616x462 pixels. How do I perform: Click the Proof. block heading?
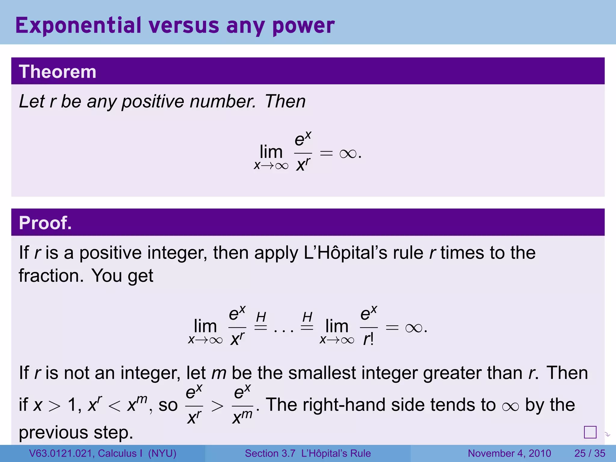pyautogui.click(x=45, y=223)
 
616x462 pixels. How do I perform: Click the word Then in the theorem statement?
pyautogui.click(x=285, y=101)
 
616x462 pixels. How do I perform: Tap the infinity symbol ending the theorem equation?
pyautogui.click(x=348, y=154)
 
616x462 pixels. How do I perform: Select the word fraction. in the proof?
pyautogui.click(x=51, y=276)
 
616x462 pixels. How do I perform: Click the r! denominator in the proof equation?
pyautogui.click(x=368, y=339)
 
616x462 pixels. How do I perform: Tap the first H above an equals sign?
pyautogui.click(x=261, y=317)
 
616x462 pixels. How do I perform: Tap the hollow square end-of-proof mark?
pyautogui.click(x=590, y=432)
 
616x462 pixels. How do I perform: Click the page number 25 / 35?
pyautogui.click(x=590, y=453)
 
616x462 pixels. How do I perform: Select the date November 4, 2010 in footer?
pyautogui.click(x=509, y=453)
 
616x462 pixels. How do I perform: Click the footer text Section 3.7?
pyautogui.click(x=270, y=453)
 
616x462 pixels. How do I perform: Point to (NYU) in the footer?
pyautogui.click(x=162, y=453)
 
